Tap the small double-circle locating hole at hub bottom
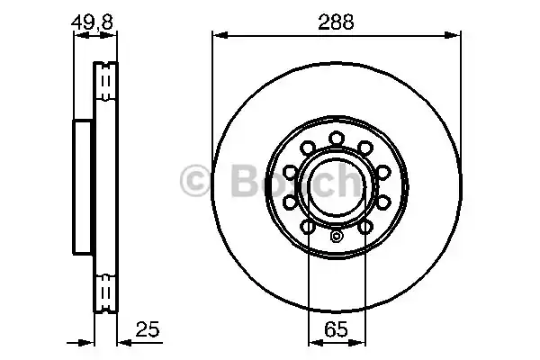(337, 238)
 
